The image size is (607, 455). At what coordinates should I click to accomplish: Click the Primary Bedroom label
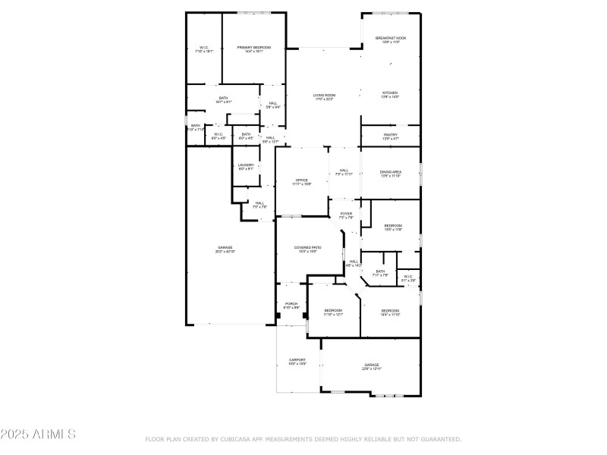tap(254, 48)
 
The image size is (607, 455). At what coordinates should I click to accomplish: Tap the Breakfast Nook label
tap(391, 38)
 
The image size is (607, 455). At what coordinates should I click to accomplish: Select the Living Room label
tap(325, 96)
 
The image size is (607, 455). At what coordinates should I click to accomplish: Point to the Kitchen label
tap(390, 93)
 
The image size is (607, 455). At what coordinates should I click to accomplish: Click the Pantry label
tap(391, 136)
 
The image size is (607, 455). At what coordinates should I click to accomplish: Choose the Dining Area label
tap(391, 173)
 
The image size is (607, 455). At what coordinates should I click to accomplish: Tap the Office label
tap(302, 180)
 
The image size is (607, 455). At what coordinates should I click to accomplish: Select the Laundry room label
tap(246, 165)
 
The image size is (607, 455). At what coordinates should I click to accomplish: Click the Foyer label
tap(346, 215)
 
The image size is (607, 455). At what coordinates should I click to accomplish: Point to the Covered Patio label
tap(307, 249)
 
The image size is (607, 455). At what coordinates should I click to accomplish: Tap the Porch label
tap(291, 305)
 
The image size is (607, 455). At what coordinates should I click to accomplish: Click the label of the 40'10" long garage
tap(225, 249)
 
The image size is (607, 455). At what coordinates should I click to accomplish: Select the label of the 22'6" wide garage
tap(372, 366)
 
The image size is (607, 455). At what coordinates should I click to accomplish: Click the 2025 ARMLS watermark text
tap(38, 435)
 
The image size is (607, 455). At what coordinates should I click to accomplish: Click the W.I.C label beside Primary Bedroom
tap(204, 48)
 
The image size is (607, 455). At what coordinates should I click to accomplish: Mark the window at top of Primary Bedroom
tap(254, 12)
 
